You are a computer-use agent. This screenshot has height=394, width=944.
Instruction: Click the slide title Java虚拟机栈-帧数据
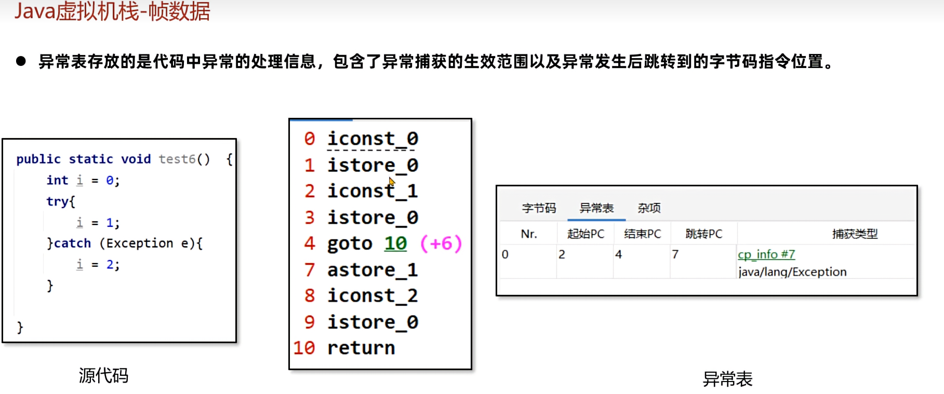coord(112,11)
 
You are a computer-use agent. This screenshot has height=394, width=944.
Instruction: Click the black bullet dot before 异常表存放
coord(21,61)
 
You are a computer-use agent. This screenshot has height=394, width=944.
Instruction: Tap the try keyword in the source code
coord(57,201)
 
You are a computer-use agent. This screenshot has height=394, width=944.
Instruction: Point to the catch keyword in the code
coord(72,243)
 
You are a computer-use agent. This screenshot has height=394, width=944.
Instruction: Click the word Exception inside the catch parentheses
coord(140,243)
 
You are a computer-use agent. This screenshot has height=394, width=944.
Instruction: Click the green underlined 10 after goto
coord(395,243)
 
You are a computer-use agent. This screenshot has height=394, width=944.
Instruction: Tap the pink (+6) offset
coord(441,243)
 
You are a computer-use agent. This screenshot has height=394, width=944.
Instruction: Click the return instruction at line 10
coord(361,348)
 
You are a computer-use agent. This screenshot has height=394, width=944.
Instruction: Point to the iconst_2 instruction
coord(373,296)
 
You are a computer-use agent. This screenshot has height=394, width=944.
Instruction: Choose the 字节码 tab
coord(539,208)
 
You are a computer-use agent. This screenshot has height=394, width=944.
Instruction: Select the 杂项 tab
coord(649,208)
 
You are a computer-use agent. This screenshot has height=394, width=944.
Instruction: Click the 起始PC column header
coord(586,234)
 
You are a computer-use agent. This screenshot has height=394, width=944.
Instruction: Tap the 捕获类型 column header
coord(855,234)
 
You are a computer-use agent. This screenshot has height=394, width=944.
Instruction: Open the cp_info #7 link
coord(766,254)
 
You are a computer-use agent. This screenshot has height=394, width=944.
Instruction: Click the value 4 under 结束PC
coord(618,254)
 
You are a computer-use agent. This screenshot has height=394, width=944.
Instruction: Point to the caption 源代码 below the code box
coord(103,375)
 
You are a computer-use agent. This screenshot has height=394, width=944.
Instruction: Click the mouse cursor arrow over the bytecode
coord(391,182)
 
